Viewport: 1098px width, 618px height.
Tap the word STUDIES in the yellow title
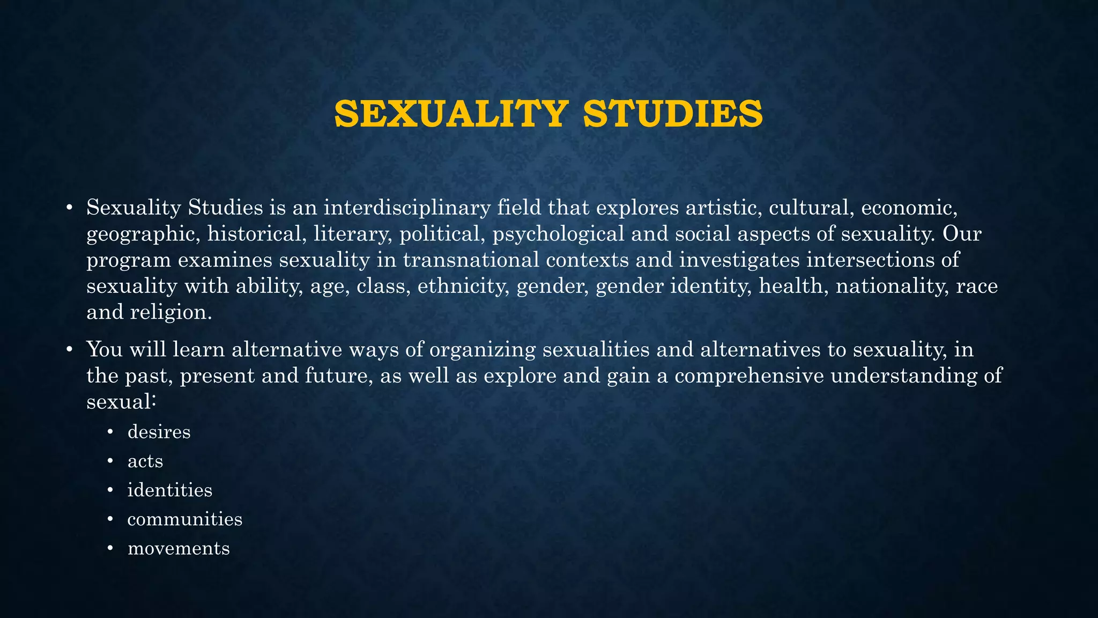(672, 114)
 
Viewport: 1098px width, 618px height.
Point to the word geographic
(144, 234)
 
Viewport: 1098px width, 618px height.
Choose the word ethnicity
(464, 286)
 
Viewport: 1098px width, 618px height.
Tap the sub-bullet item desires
(159, 432)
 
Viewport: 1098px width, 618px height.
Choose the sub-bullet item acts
(145, 461)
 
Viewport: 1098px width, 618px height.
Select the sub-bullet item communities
(185, 519)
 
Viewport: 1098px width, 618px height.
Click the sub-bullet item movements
(179, 548)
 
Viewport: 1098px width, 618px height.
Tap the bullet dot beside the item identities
(110, 490)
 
